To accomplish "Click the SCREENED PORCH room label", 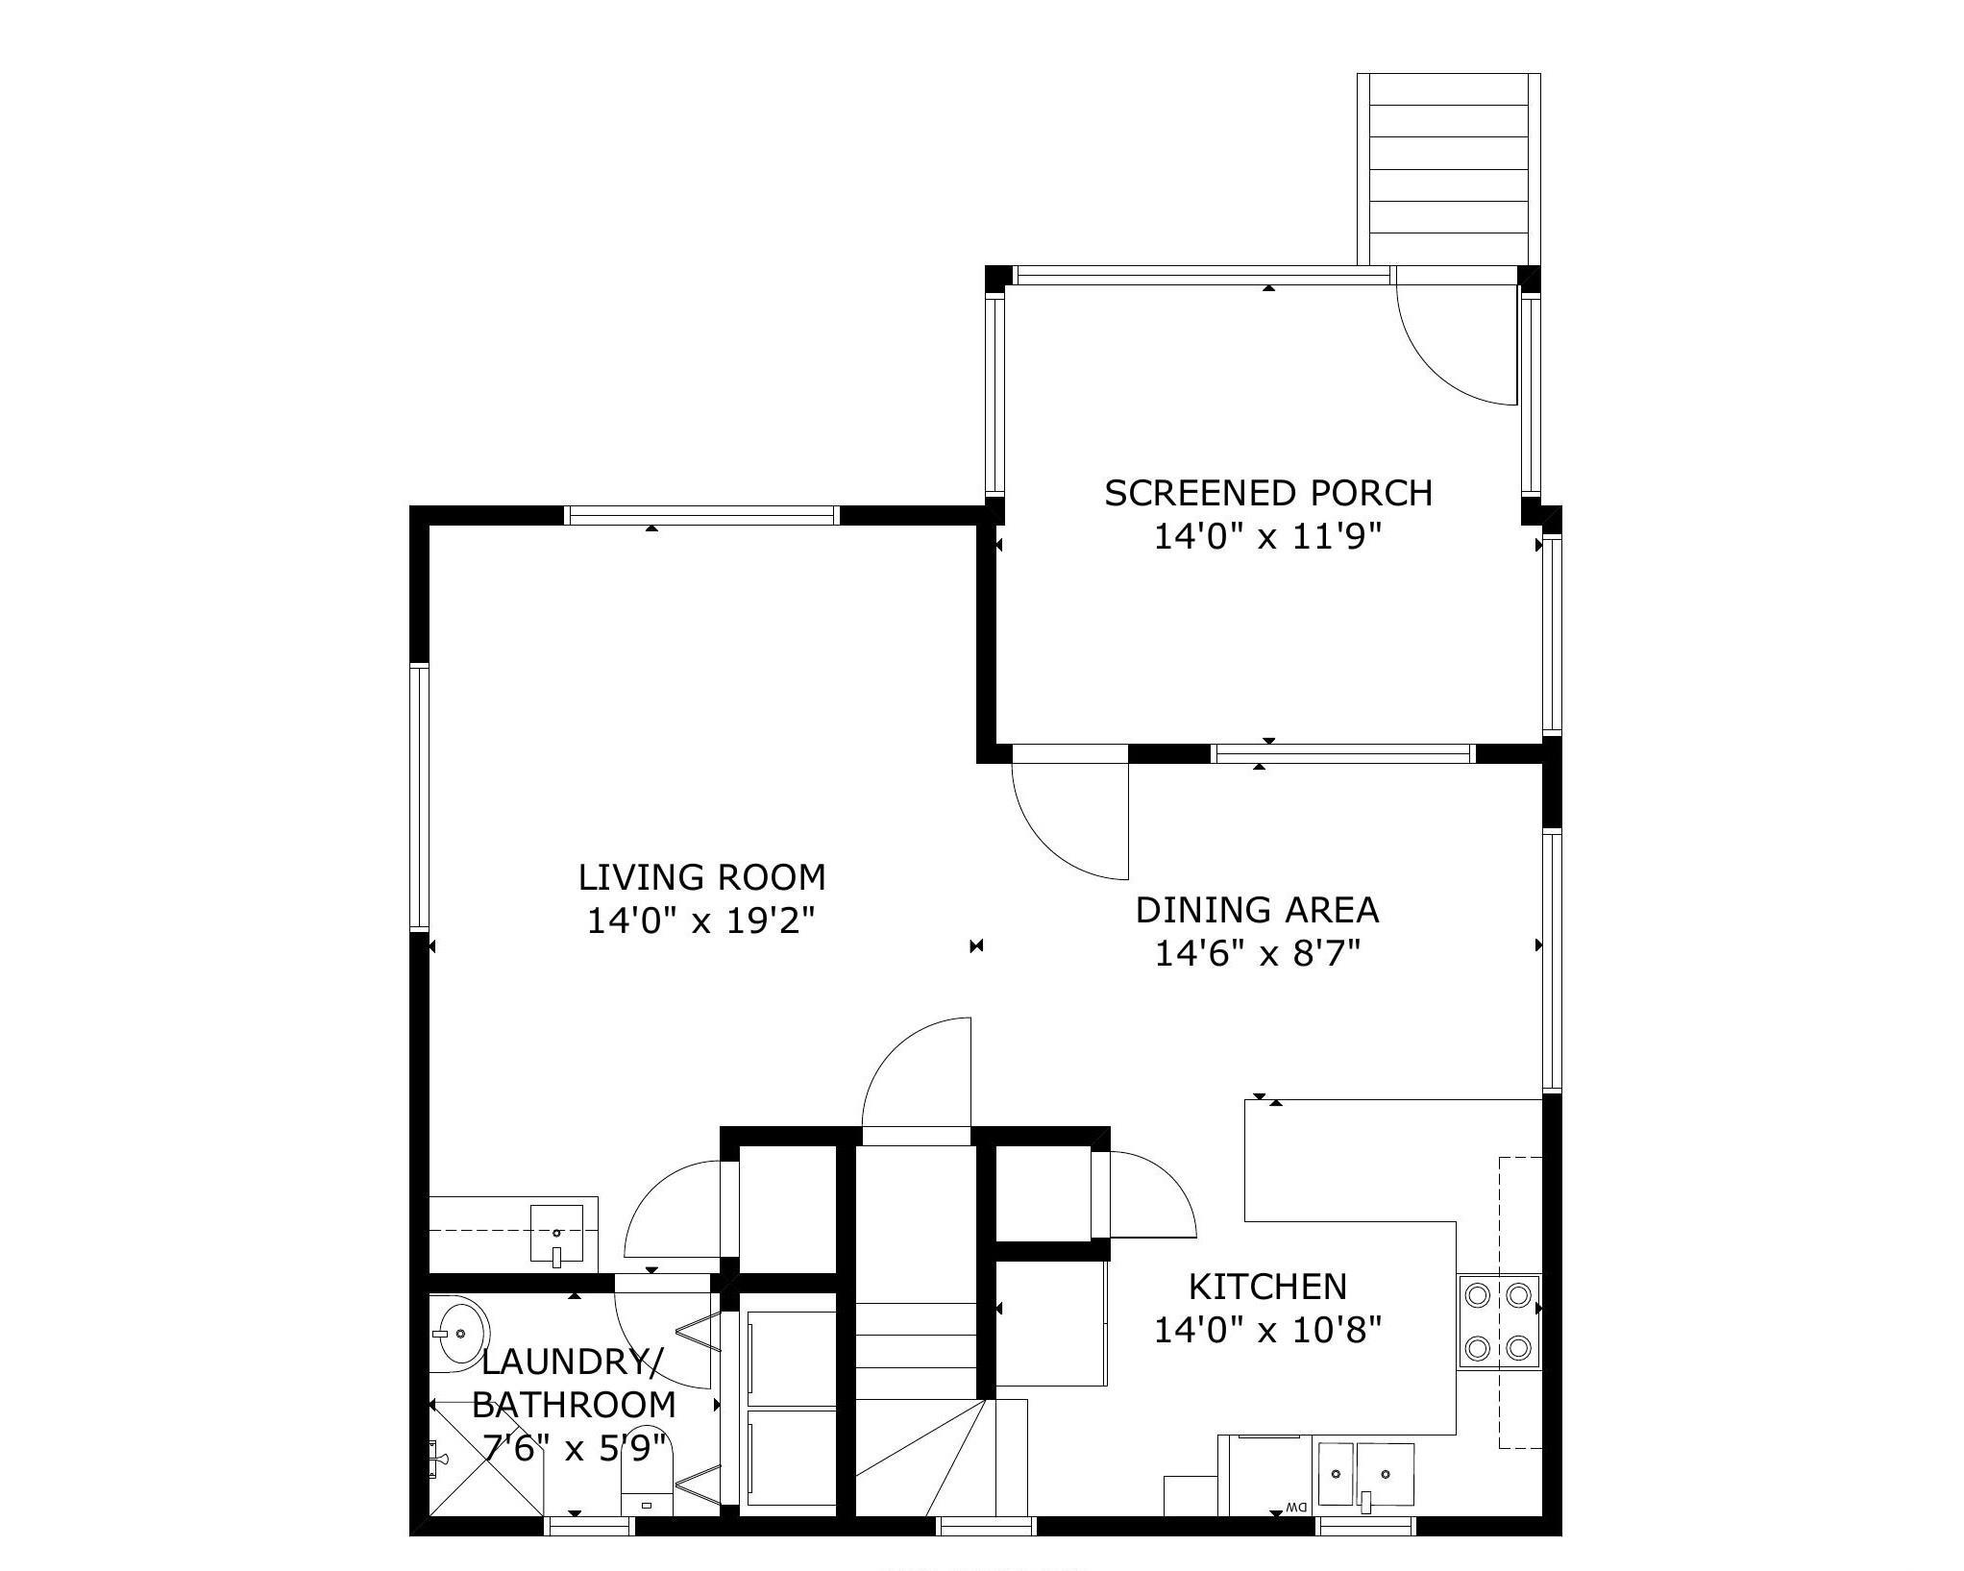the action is coord(1268,493).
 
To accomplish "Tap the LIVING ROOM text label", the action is coord(701,877).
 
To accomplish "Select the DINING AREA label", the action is coord(1257,910).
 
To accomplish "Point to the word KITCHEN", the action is coord(1267,1286).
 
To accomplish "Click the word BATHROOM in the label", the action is coord(574,1405).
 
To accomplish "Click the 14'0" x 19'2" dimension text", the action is coord(701,921).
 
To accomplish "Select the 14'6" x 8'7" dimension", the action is coord(1257,954).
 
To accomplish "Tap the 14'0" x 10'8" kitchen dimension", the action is coord(1267,1330).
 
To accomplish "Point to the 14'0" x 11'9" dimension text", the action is coord(1267,537).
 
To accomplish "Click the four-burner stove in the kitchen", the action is coord(1499,1322).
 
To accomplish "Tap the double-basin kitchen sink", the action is coord(1365,1473).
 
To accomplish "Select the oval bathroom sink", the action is coord(457,1333).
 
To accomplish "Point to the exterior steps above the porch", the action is coord(1449,169).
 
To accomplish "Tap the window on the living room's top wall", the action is coord(701,516).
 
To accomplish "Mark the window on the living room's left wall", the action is coord(419,798).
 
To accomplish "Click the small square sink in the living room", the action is coord(557,1233).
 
